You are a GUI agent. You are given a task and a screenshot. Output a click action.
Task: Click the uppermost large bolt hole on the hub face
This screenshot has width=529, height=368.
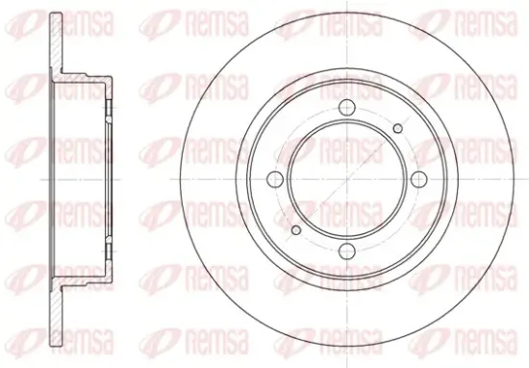click(x=347, y=108)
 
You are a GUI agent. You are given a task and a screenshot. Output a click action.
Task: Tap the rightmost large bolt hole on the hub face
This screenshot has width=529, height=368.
click(x=418, y=179)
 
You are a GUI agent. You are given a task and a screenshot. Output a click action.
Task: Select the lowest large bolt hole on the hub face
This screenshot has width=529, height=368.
click(x=347, y=250)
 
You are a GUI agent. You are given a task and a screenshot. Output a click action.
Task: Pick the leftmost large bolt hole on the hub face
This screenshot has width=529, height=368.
click(x=275, y=179)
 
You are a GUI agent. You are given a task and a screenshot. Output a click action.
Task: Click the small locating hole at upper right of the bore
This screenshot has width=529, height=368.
click(x=398, y=128)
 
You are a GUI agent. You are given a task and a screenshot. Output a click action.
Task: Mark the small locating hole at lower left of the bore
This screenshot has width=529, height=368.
click(x=296, y=230)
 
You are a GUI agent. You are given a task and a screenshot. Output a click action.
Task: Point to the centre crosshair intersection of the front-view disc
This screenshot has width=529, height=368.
click(x=347, y=179)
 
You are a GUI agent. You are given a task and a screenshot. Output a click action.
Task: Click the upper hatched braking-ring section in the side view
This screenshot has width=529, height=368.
click(x=57, y=43)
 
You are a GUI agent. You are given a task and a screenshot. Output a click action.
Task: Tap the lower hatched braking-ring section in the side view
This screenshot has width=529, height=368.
click(x=57, y=315)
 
